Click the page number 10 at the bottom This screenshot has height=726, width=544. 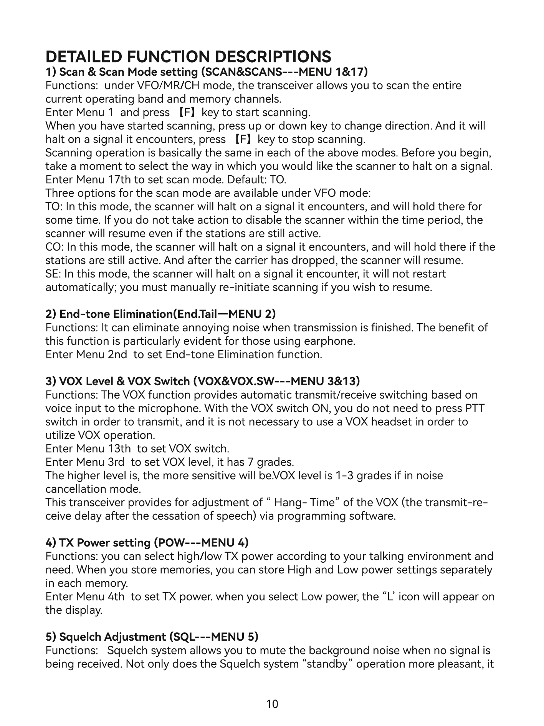point(272,704)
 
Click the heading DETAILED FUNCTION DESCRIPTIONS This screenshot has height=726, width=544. point(188,57)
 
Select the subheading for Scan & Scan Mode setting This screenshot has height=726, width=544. point(207,72)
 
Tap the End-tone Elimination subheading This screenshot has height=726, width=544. point(160,314)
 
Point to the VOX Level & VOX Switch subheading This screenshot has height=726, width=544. point(203,381)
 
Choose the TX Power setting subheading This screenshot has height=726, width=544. point(147,543)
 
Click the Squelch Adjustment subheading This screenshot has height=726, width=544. point(152,637)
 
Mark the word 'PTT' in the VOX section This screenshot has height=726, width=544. point(475,408)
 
